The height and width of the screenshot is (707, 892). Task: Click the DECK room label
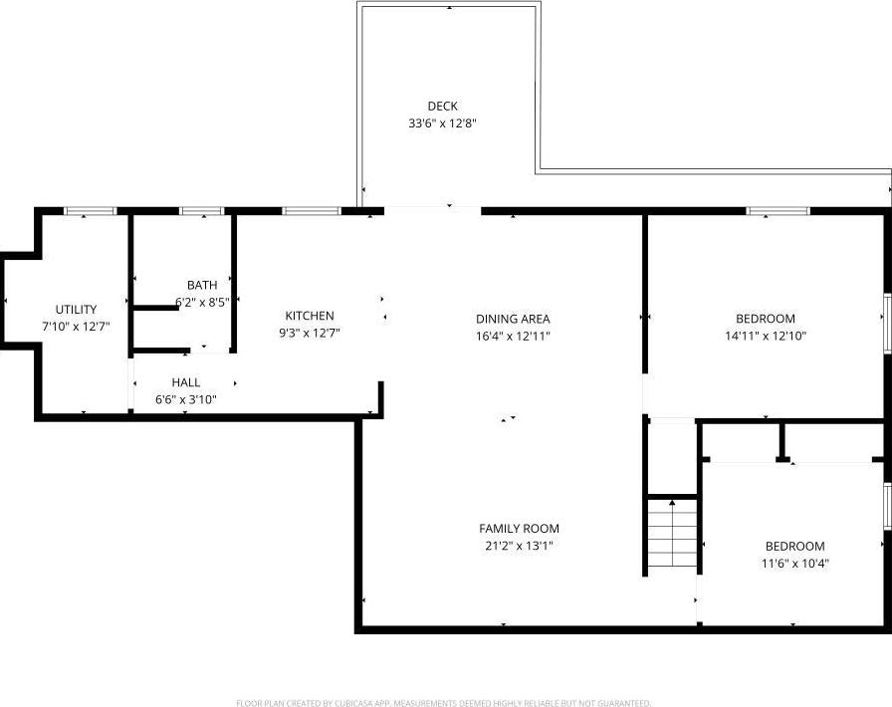[x=442, y=107]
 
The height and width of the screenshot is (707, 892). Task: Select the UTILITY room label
[x=76, y=310]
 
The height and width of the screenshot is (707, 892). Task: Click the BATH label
[x=201, y=286]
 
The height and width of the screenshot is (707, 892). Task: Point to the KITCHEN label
[x=310, y=316]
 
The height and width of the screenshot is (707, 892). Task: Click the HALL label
[x=185, y=382]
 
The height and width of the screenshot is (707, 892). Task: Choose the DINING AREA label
[x=513, y=319]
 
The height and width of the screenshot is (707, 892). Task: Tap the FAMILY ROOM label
[x=519, y=529]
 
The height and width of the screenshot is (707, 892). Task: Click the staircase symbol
[x=672, y=535]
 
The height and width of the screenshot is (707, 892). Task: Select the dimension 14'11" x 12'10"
[x=766, y=337]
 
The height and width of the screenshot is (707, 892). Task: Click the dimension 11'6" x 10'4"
[x=794, y=564]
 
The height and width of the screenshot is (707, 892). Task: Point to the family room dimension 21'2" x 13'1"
[x=519, y=546]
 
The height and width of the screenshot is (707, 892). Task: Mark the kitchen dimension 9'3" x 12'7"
[x=310, y=334]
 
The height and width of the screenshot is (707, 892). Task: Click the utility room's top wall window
[x=91, y=211]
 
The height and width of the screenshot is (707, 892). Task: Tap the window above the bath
[x=201, y=211]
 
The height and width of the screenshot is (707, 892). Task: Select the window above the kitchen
[x=311, y=211]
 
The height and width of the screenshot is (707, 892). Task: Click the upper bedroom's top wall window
[x=778, y=211]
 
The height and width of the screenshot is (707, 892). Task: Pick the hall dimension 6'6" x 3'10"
[x=185, y=400]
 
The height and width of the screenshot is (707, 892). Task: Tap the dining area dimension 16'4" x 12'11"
[x=513, y=337]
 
